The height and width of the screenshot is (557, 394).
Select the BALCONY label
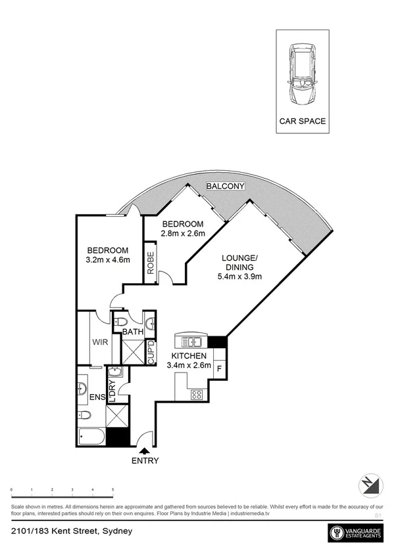225,187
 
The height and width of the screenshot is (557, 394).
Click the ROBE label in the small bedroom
151,264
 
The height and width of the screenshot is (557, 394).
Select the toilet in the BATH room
120,323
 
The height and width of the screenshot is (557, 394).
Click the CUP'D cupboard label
151,353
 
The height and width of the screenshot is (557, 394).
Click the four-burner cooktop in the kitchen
196,394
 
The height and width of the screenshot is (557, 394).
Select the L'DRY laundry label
112,391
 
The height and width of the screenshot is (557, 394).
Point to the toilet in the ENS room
84,415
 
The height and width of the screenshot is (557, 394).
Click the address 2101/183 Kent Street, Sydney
72,529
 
